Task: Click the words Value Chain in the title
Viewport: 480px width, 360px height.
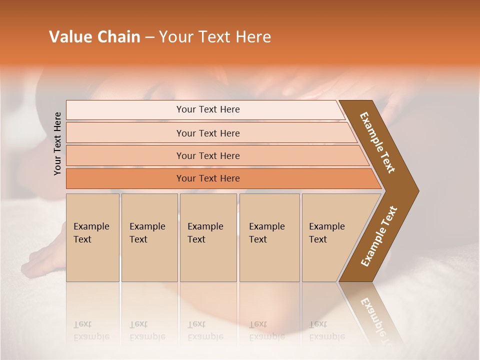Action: click(94, 37)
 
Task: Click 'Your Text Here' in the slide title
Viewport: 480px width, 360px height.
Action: click(215, 37)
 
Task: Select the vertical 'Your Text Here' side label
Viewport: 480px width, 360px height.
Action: click(58, 143)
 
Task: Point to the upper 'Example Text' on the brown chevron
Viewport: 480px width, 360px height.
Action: click(377, 142)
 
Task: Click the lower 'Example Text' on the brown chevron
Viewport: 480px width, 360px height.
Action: click(378, 236)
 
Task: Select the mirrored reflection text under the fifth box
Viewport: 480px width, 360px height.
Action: click(326, 330)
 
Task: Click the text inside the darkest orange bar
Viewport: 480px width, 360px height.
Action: click(208, 178)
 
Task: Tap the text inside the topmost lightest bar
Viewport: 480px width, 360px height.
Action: click(208, 109)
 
